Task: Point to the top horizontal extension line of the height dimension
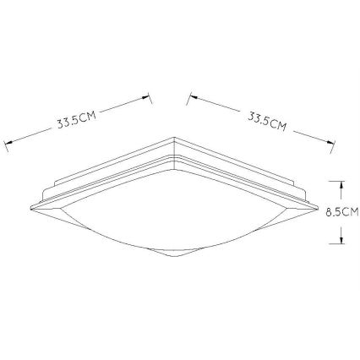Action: click(335, 178)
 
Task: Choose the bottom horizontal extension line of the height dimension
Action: click(335, 245)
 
